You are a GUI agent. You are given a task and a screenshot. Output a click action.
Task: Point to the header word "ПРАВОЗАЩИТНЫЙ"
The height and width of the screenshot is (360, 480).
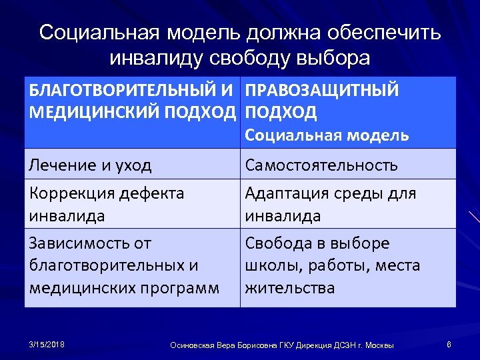coord(322,91)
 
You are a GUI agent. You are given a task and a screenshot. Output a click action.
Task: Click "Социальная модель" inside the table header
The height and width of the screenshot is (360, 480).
coord(327,135)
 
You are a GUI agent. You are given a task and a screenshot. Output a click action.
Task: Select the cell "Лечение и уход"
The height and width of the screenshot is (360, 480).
coord(91,165)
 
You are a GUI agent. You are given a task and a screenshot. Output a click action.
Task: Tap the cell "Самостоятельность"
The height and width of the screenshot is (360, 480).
coord(321,165)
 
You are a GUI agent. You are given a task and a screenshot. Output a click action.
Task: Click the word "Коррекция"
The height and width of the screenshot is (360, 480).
coord(71,193)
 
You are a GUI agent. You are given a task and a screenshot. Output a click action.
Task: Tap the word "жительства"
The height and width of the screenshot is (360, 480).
coord(290,288)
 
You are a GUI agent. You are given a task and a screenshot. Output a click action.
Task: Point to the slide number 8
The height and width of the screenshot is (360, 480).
coord(449,344)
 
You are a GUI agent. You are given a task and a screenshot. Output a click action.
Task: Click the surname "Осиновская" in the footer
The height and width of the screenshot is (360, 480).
coord(193,345)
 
